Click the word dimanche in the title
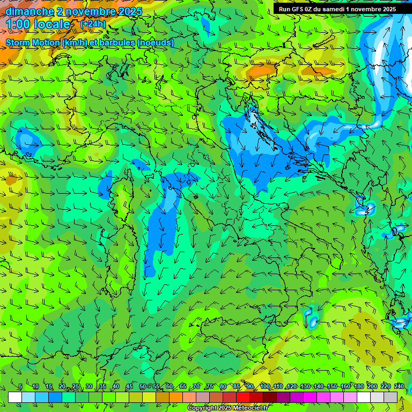pyautogui.click(x=30, y=11)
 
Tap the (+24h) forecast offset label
pyautogui.click(x=93, y=24)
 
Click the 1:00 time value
pyautogui.click(x=18, y=24)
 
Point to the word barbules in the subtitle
pyautogui.click(x=118, y=43)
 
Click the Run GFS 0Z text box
pyautogui.click(x=337, y=9)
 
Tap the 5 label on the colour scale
pyautogui.click(x=20, y=386)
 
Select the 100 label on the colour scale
pyautogui.click(x=264, y=386)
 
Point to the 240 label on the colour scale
pyautogui.click(x=399, y=386)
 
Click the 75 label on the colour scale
pyautogui.click(x=210, y=386)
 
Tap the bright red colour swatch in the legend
pyautogui.click(x=243, y=397)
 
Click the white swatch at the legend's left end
pyautogui.click(x=15, y=397)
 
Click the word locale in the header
pyautogui.click(x=52, y=24)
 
